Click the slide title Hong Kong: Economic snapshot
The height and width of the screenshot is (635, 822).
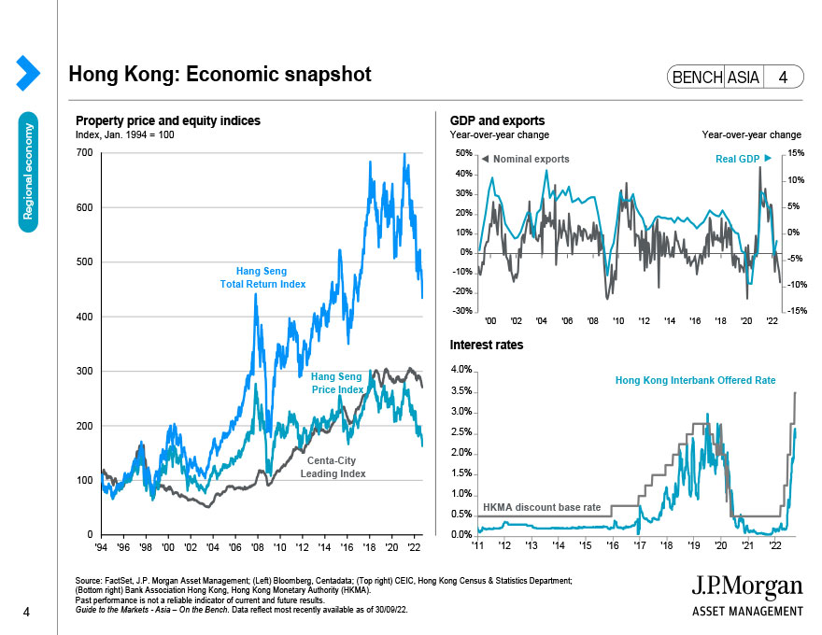coord(220,75)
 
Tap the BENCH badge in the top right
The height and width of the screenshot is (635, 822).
coord(696,78)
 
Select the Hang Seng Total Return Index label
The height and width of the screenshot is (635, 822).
coord(262,277)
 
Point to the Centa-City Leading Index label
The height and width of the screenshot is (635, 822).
coord(332,467)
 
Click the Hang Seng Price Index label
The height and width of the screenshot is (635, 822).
coord(337,383)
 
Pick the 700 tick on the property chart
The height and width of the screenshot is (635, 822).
coord(84,152)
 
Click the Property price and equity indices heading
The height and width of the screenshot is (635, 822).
coord(168,121)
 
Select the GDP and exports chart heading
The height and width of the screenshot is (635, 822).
coord(497,121)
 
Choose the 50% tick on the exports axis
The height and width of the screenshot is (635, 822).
coord(462,153)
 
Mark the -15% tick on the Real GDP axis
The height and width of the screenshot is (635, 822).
coord(787,311)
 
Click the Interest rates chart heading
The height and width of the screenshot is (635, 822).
coord(487,345)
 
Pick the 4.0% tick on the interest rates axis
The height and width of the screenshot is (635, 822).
coord(461,371)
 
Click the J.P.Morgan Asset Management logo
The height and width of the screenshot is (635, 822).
coord(746,595)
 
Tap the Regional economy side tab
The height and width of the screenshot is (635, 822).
coord(29,173)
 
